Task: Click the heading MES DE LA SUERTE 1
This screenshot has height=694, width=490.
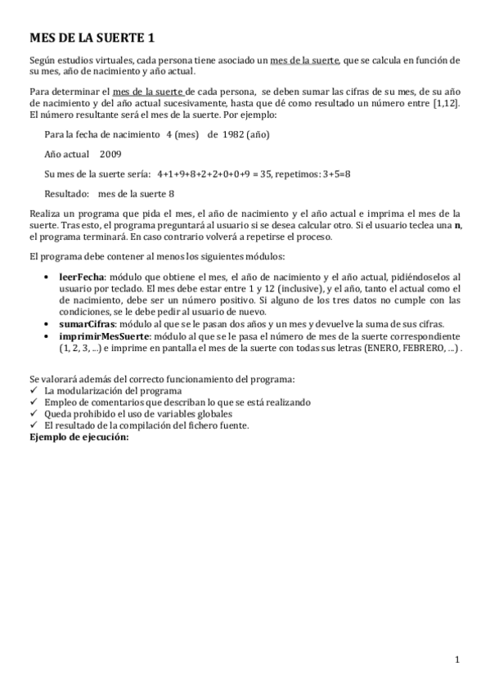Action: pyautogui.click(x=92, y=38)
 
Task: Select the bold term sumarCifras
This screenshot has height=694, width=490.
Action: pyautogui.click(x=86, y=324)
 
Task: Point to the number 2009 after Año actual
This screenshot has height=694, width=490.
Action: pyautogui.click(x=110, y=154)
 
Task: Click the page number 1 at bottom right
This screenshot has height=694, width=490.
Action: pyautogui.click(x=458, y=660)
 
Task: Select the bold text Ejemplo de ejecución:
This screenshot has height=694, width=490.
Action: pyautogui.click(x=79, y=437)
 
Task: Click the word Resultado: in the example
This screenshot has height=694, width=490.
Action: pyautogui.click(x=66, y=194)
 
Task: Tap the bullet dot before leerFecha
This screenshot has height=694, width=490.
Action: pyautogui.click(x=52, y=277)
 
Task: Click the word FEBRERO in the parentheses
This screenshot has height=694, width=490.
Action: pyautogui.click(x=412, y=348)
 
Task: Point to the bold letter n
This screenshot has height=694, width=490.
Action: pyautogui.click(x=457, y=225)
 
